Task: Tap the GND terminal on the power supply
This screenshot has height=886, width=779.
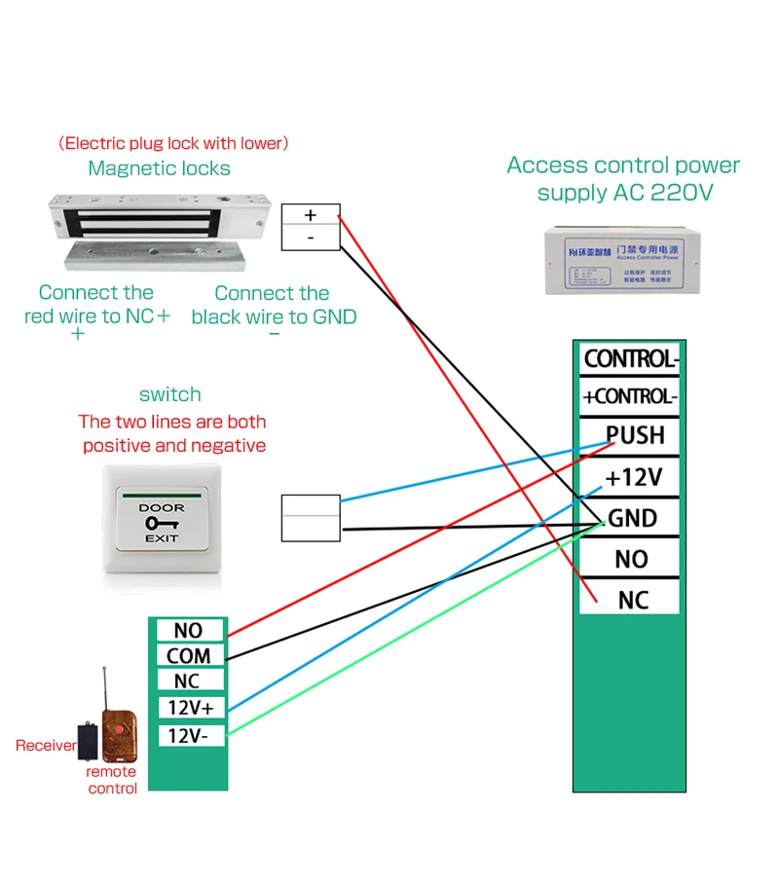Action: (632, 518)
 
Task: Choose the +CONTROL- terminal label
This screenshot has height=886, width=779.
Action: (629, 396)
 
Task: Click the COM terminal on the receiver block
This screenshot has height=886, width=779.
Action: (188, 656)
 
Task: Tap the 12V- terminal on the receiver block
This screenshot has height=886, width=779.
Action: (188, 735)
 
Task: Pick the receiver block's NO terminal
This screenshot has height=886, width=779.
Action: (188, 631)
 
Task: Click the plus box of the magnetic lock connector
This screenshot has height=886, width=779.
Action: (311, 215)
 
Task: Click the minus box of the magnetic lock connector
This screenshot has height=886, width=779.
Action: (311, 238)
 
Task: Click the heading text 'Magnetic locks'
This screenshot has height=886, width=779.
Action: (159, 168)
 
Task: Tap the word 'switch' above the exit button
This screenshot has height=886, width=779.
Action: (170, 394)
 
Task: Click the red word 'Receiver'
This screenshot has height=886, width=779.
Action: (46, 746)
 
